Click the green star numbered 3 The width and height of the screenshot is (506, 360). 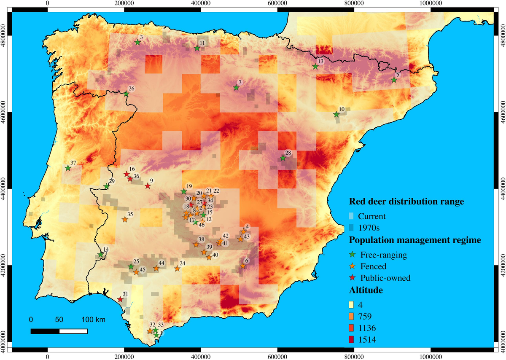coord(137,43)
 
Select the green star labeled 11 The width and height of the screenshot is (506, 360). coord(197,48)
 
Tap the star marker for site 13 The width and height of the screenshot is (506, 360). coord(315,67)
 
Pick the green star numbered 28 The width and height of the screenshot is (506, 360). coord(283,158)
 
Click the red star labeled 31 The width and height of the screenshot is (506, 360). coord(120,299)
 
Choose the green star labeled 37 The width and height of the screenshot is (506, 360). coord(68,168)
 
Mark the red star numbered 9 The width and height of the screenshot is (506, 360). coord(148,186)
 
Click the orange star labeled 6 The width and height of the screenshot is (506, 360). coord(243,266)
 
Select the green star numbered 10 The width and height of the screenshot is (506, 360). coord(336,115)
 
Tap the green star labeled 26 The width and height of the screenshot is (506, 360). coord(126,94)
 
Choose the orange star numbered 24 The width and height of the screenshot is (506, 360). coord(177,269)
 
